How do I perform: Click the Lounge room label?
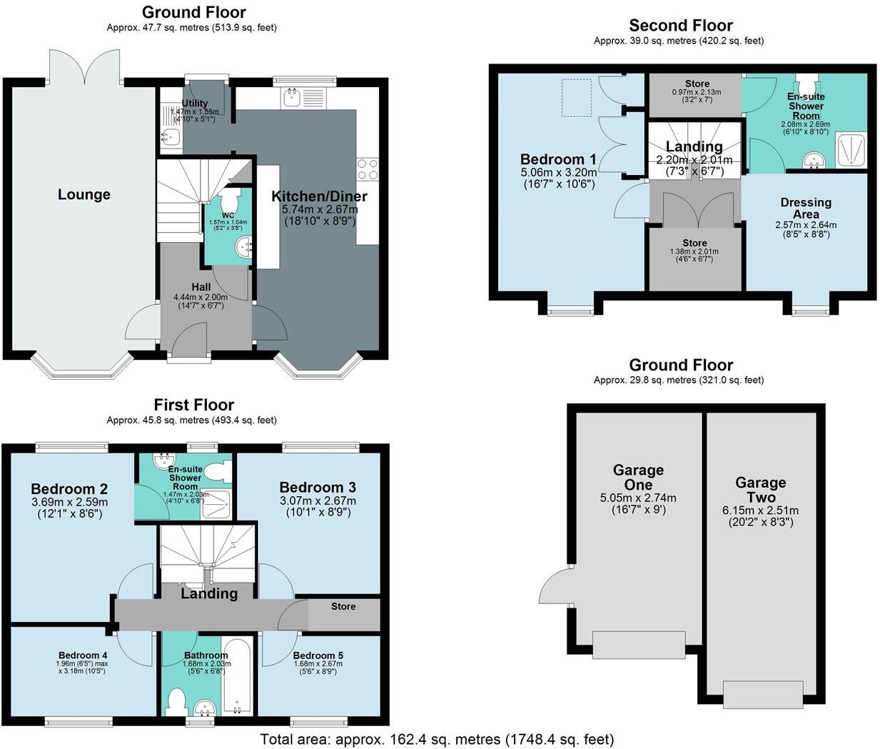pyautogui.click(x=84, y=194)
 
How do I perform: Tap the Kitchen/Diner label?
pyautogui.click(x=319, y=196)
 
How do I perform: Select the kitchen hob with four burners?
pyautogui.click(x=367, y=169)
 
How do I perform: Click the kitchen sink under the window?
pyautogui.click(x=293, y=97)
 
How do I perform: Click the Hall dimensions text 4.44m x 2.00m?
pyautogui.click(x=200, y=296)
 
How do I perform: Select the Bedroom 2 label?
pyautogui.click(x=69, y=489)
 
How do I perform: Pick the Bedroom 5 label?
pyautogui.click(x=318, y=655)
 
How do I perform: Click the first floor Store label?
pyautogui.click(x=343, y=606)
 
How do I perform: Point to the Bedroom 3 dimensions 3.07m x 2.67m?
pyautogui.click(x=318, y=501)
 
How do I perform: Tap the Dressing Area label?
pyautogui.click(x=806, y=208)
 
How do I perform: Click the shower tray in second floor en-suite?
pyautogui.click(x=850, y=149)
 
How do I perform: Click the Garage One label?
pyautogui.click(x=638, y=477)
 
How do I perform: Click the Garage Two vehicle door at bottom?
pyautogui.click(x=762, y=694)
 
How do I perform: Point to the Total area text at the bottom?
pyautogui.click(x=437, y=739)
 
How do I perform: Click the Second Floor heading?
pyautogui.click(x=680, y=25)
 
